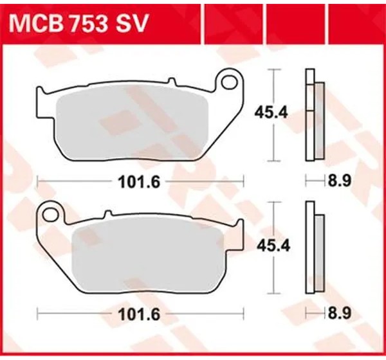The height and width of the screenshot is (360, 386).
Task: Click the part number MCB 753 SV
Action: (78, 23)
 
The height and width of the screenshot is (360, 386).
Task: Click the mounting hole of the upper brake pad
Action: (230, 82)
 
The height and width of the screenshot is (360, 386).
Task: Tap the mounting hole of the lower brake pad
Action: (50, 214)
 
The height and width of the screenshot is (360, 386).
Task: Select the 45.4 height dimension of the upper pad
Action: (271, 113)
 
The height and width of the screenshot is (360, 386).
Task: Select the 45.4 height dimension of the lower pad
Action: (273, 246)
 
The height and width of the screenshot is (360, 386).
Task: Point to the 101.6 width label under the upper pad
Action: (140, 183)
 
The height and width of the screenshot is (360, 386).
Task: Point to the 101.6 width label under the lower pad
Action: (140, 314)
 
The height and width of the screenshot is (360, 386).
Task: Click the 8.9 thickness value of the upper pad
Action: (339, 181)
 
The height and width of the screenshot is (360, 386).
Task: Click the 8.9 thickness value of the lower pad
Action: (339, 313)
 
